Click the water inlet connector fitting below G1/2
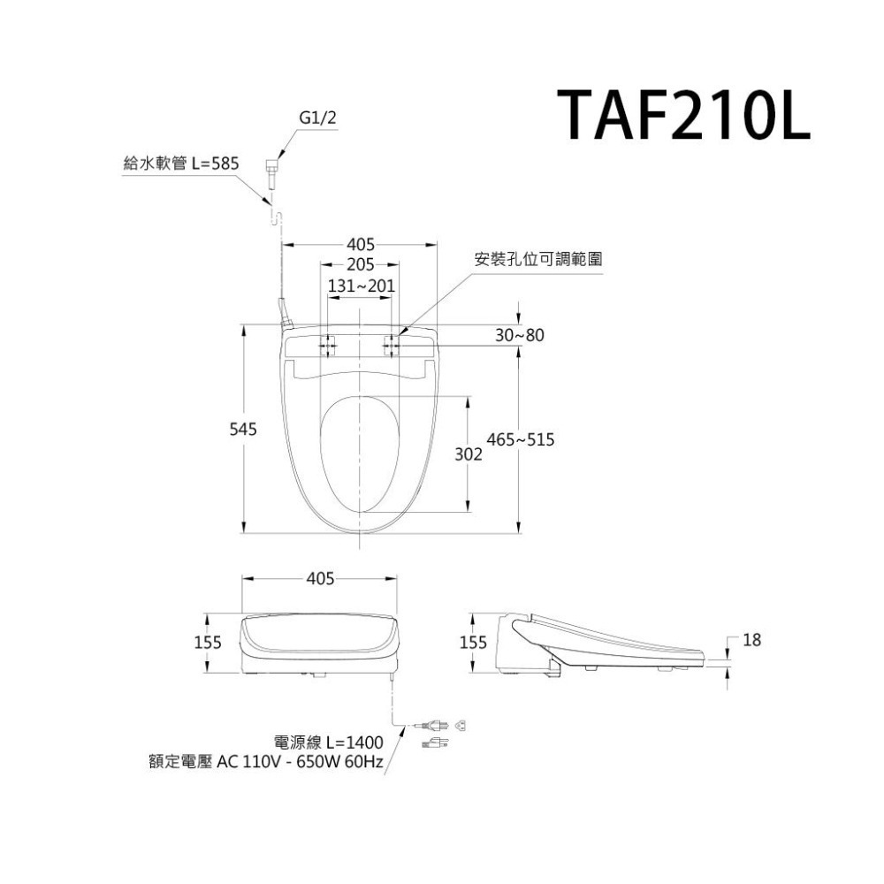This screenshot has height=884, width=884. click(x=272, y=168)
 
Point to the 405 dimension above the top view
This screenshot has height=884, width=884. click(x=361, y=244)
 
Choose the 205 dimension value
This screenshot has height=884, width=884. click(x=360, y=265)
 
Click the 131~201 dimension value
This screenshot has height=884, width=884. click(x=361, y=287)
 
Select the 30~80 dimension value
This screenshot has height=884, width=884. click(x=520, y=336)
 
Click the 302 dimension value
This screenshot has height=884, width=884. click(x=469, y=454)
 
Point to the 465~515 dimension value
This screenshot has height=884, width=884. click(x=521, y=439)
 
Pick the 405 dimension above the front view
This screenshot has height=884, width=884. click(x=320, y=579)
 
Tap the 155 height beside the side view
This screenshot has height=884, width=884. click(x=473, y=644)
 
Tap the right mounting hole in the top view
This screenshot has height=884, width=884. click(x=392, y=345)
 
